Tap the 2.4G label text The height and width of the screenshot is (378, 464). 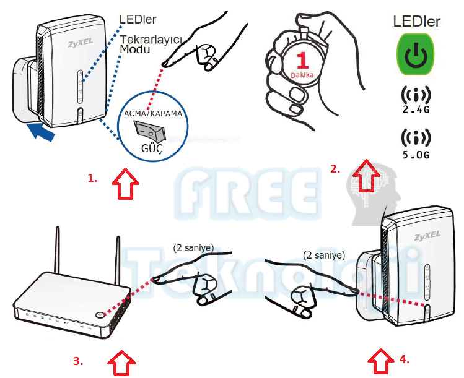coord(416,111)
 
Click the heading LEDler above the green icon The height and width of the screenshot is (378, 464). coord(417,22)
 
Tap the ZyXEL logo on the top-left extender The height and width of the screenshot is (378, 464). coord(79,45)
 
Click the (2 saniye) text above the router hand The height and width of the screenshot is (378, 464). coord(193,247)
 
